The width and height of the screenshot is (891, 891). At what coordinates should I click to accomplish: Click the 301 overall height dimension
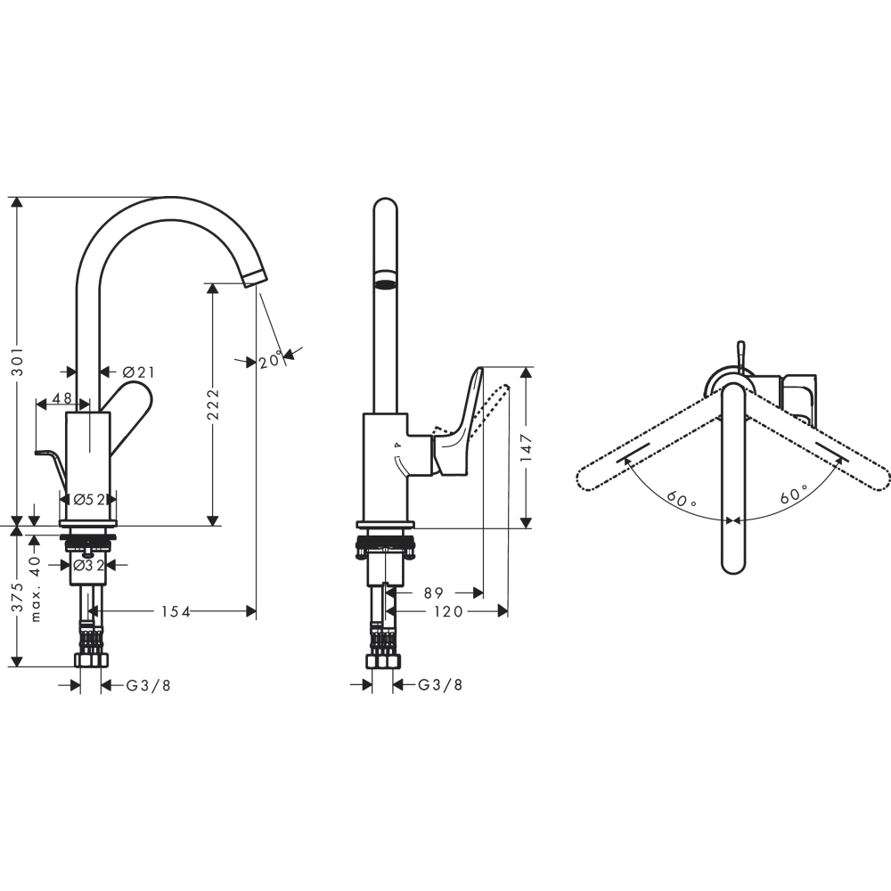click(x=18, y=362)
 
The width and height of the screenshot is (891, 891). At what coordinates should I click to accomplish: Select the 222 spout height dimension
click(x=213, y=404)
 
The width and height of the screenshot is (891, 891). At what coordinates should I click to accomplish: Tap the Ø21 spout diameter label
click(x=139, y=372)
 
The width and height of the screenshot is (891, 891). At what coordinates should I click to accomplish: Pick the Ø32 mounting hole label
click(x=89, y=566)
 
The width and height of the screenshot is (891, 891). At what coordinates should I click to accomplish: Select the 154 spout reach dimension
click(x=176, y=611)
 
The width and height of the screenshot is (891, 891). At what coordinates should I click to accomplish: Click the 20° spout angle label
click(x=271, y=360)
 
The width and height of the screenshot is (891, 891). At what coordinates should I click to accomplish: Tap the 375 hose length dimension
click(x=18, y=597)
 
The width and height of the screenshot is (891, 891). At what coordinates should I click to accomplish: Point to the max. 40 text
click(x=36, y=589)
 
